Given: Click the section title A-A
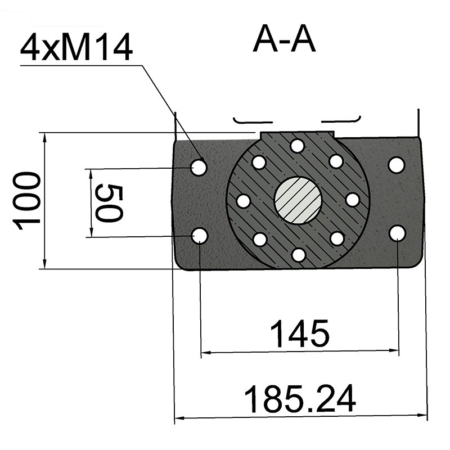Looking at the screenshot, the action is click(x=284, y=39).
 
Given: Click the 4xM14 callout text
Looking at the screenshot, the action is click(x=76, y=47).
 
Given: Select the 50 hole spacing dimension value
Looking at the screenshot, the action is click(x=109, y=203).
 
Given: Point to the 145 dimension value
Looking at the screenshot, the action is click(x=300, y=333).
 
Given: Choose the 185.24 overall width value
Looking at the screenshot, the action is click(x=300, y=399).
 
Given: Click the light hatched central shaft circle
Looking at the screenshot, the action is click(x=299, y=200).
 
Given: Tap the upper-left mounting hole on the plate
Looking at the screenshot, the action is click(x=199, y=167).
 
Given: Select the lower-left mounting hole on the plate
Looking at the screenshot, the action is click(x=200, y=236).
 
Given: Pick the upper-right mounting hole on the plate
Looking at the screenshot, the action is click(x=397, y=165).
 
